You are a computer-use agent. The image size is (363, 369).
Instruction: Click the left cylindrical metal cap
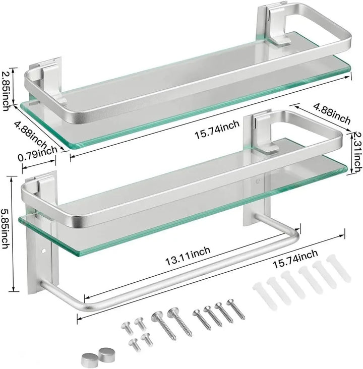(x=86, y=359)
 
